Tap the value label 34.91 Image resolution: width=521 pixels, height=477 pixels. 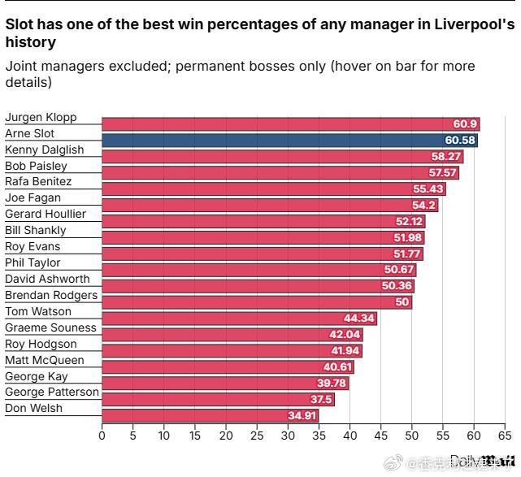pyautogui.click(x=302, y=416)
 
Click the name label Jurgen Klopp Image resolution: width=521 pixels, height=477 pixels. pyautogui.click(x=41, y=118)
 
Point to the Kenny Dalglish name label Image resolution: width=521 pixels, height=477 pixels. pyautogui.click(x=45, y=150)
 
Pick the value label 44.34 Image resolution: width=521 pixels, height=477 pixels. pyautogui.click(x=359, y=319)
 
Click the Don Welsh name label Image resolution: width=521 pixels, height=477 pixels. pyautogui.click(x=34, y=408)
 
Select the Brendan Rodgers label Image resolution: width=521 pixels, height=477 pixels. pyautogui.click(x=51, y=295)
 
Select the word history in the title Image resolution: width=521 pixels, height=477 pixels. pyautogui.click(x=30, y=42)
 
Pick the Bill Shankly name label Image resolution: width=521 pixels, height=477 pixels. pyautogui.click(x=36, y=230)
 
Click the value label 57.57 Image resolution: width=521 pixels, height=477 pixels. pyautogui.click(x=443, y=173)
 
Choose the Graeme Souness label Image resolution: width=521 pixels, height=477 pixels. pyautogui.click(x=50, y=327)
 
